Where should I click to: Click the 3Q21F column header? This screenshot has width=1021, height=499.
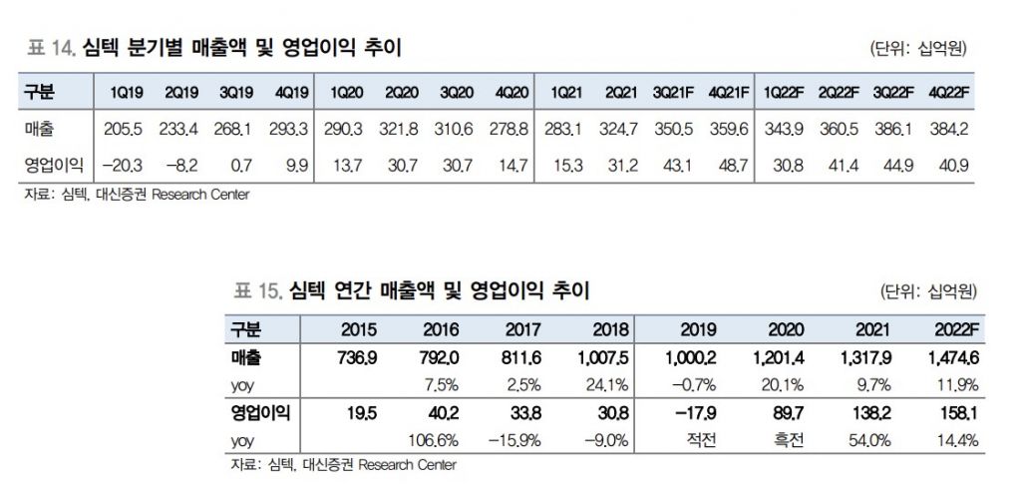675,92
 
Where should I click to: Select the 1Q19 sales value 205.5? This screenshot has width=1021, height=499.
126,129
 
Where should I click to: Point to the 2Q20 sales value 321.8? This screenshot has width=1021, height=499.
401,129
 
